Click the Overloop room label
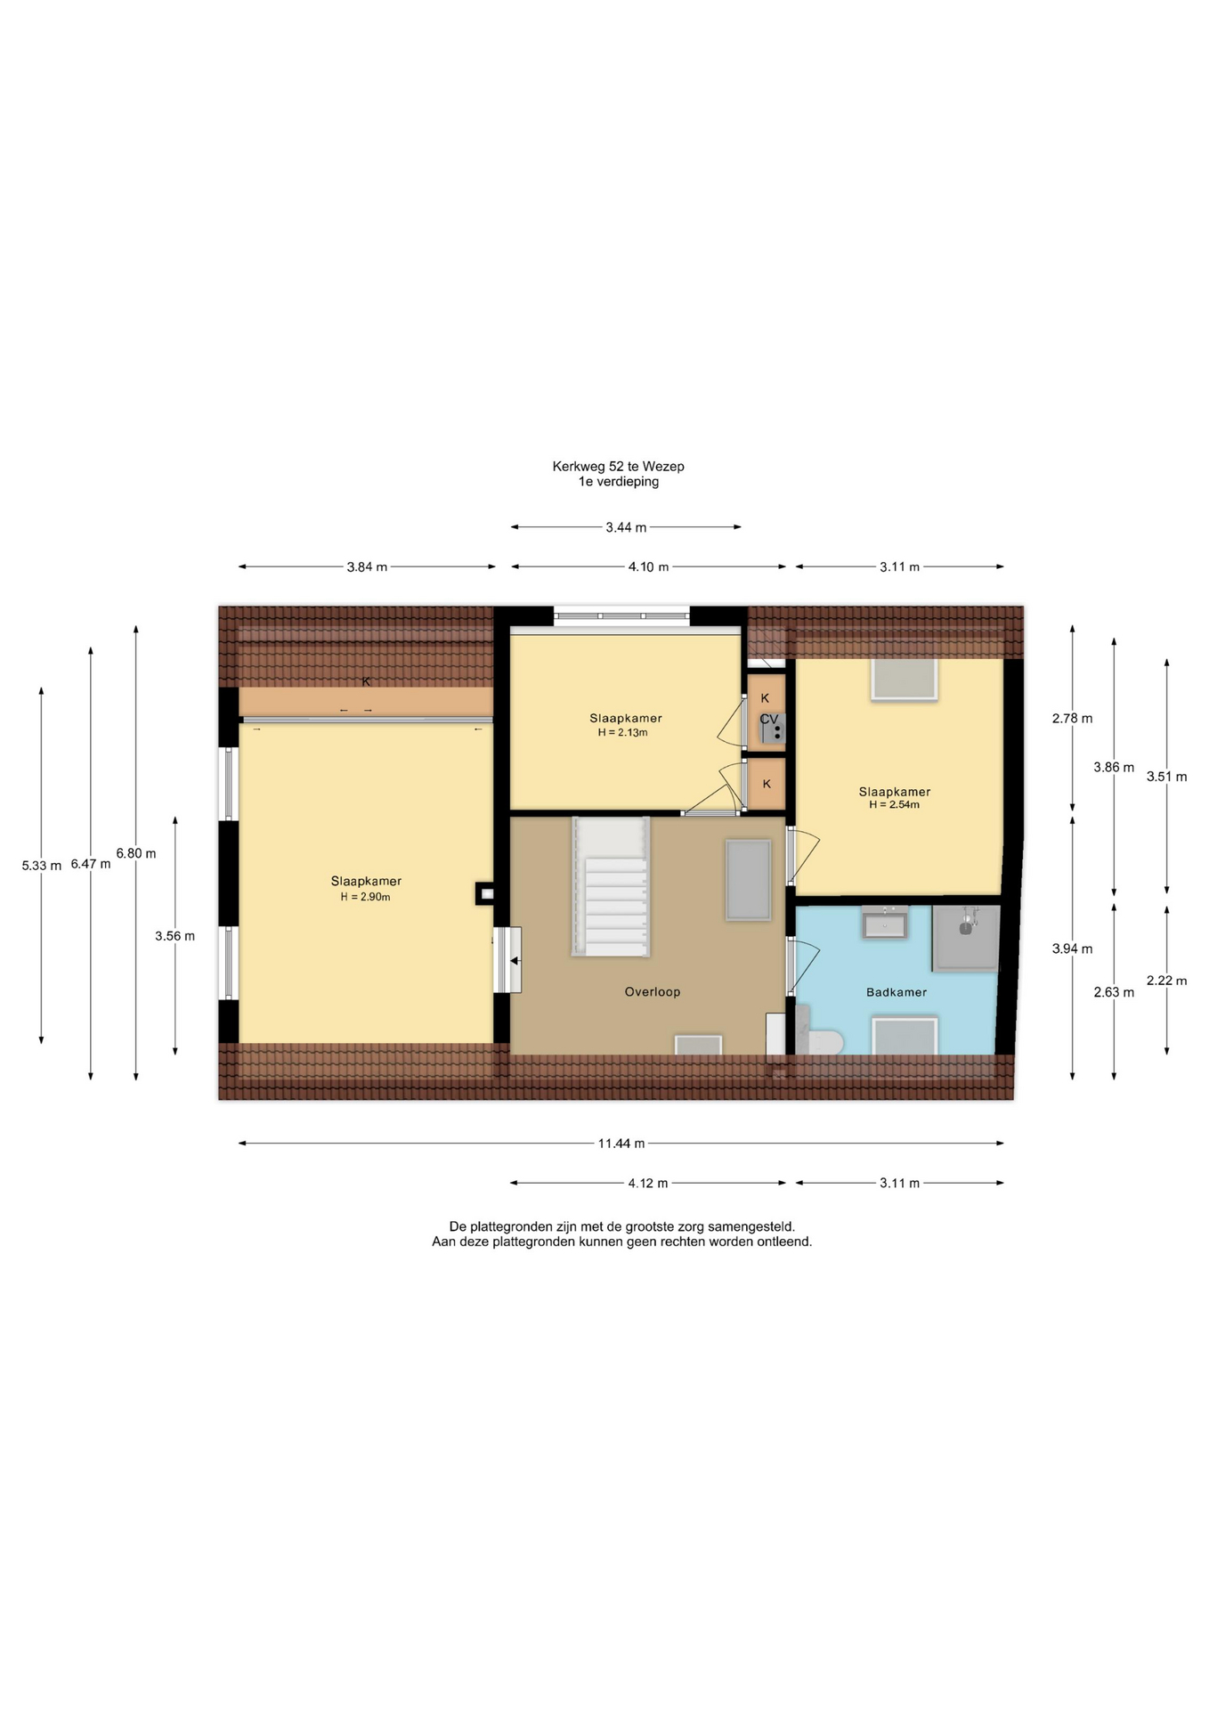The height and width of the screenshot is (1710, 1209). [x=652, y=991]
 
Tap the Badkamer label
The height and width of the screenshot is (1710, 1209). [x=897, y=992]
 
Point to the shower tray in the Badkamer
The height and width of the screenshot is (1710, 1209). [x=965, y=938]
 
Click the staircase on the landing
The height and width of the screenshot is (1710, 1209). [x=611, y=887]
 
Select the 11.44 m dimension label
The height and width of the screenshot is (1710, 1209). [x=621, y=1144]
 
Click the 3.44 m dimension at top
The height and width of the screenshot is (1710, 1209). [x=626, y=527]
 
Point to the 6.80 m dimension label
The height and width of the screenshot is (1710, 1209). [x=135, y=853]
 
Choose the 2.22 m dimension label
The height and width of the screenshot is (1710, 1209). [x=1166, y=981]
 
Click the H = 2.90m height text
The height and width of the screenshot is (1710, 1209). [x=365, y=897]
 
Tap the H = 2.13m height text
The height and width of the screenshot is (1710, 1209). [x=622, y=733]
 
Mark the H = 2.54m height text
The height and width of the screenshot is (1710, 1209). [x=895, y=804]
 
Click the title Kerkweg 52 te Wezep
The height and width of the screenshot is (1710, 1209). [x=618, y=466]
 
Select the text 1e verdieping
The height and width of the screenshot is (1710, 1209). [x=619, y=482]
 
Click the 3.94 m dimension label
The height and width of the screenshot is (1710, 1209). [x=1072, y=949]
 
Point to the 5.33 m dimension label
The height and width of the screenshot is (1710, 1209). [x=42, y=865]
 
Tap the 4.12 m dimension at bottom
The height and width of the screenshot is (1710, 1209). [x=647, y=1183]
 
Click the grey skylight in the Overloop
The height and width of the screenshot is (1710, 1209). [x=748, y=880]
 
